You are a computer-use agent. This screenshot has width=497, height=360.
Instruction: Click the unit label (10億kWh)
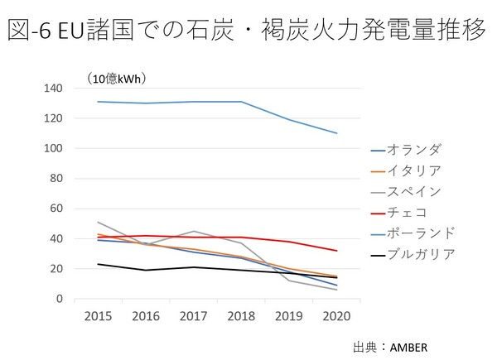(117, 79)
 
